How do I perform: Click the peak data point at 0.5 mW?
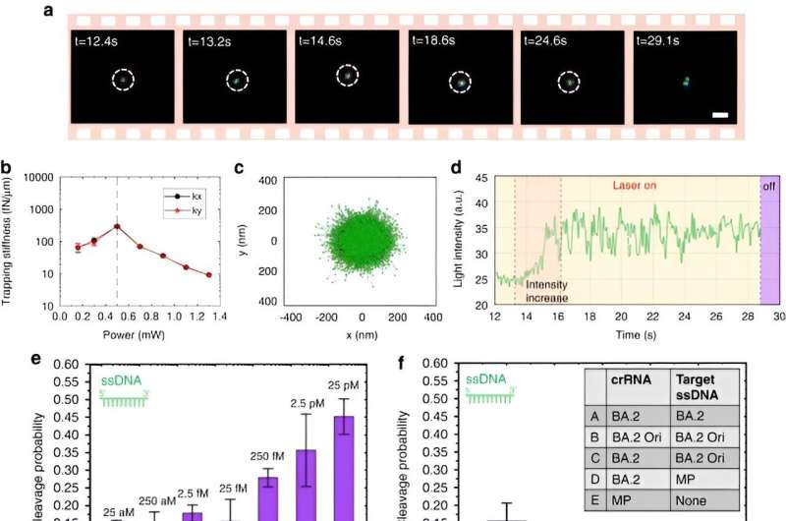(117, 226)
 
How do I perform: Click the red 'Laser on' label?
(638, 185)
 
